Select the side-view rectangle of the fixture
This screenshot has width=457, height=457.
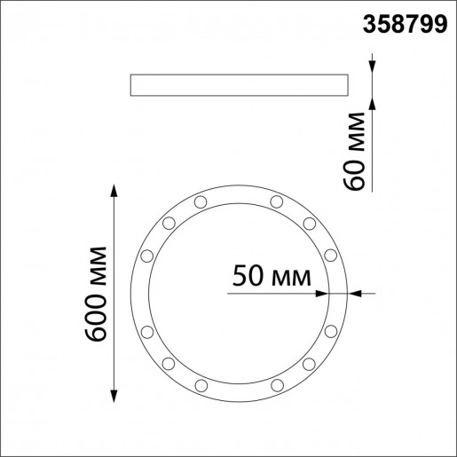(238, 84)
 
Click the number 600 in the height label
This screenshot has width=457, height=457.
(97, 315)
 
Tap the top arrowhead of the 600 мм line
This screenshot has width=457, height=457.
(114, 191)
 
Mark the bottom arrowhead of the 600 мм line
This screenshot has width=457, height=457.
(114, 396)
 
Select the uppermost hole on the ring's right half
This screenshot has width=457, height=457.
(277, 202)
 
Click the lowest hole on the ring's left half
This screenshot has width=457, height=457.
(201, 384)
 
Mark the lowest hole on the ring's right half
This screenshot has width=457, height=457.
(277, 384)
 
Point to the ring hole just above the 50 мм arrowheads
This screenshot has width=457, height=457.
(330, 256)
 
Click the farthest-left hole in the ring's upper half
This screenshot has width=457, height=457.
(146, 256)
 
